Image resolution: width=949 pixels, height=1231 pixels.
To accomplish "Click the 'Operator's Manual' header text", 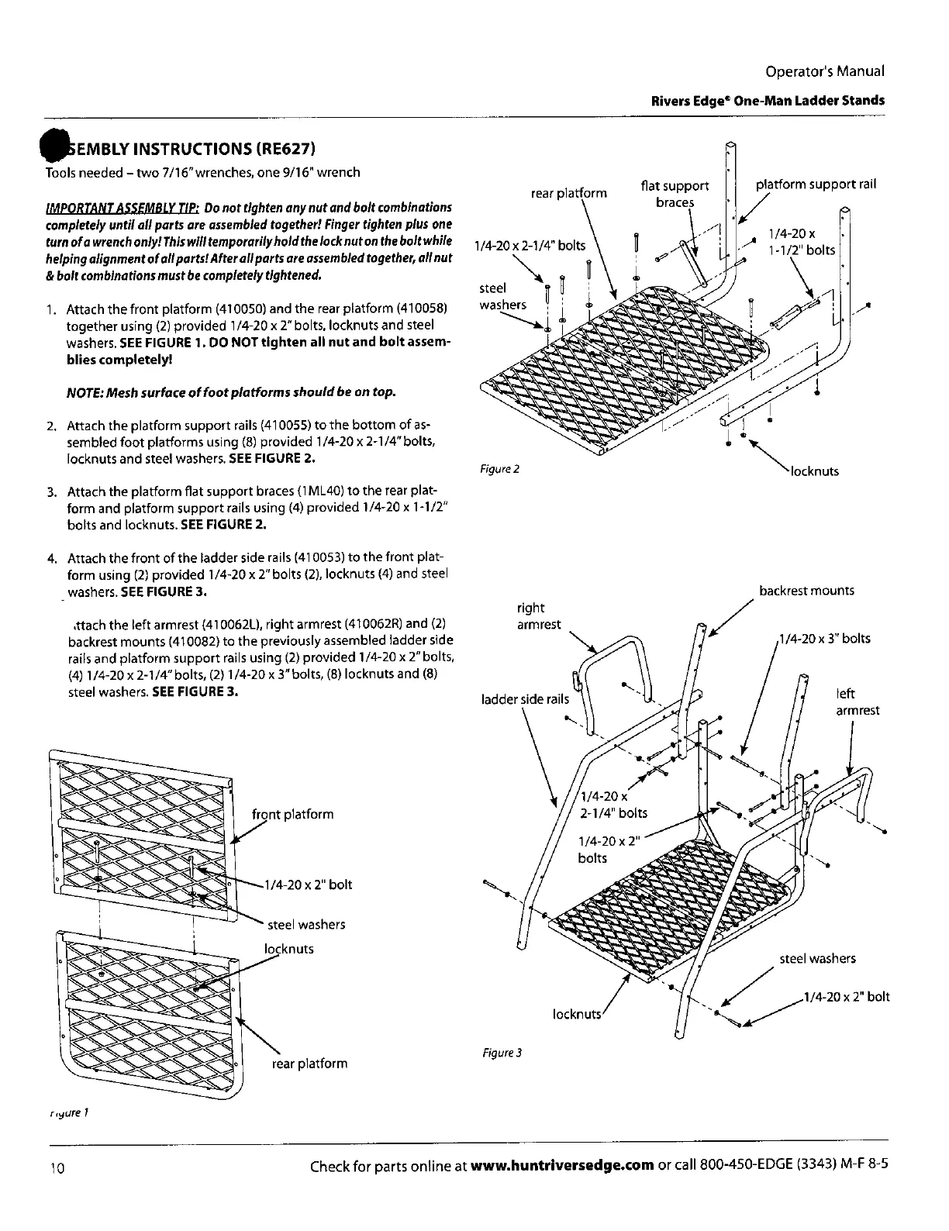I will [x=824, y=71].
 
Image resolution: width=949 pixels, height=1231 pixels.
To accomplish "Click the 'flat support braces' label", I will [x=675, y=194].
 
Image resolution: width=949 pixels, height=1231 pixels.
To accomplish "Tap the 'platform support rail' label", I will [x=816, y=184].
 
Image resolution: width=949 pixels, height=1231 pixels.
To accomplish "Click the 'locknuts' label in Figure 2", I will [x=814, y=471].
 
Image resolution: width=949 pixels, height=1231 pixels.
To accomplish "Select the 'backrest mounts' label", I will [x=806, y=591].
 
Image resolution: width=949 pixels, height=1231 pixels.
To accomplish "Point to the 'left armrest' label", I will [x=857, y=702].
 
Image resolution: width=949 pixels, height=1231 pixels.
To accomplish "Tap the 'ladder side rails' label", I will [x=525, y=699].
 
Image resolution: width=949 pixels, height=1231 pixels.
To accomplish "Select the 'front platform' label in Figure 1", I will [x=293, y=814].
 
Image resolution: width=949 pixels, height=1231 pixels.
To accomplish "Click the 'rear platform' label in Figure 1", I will [x=309, y=1064].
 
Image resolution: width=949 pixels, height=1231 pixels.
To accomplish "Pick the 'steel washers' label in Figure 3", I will [x=817, y=959].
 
